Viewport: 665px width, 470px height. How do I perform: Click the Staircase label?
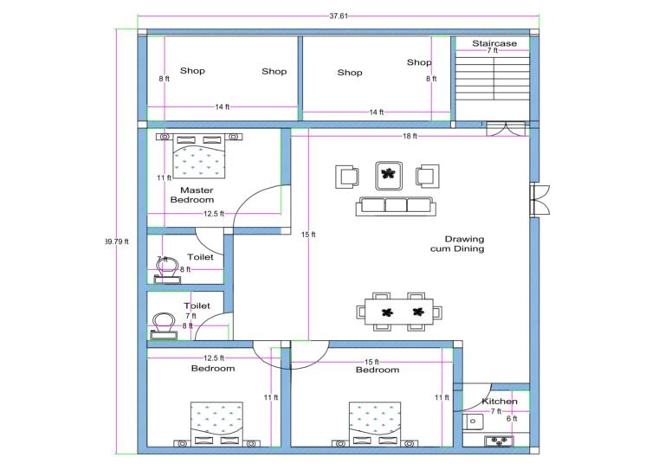[x=494, y=42]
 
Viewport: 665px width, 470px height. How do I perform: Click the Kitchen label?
[x=500, y=401]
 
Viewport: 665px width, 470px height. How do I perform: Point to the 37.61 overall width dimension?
[x=339, y=16]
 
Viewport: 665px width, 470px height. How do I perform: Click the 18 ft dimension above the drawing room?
[x=409, y=136]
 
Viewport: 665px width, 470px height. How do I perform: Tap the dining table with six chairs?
[x=399, y=312]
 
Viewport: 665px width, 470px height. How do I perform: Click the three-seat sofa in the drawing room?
[x=395, y=205]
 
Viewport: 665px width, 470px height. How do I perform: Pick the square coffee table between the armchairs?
[x=387, y=176]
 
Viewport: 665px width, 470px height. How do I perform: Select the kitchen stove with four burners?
[x=500, y=440]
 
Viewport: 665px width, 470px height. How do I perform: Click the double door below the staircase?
[x=505, y=129]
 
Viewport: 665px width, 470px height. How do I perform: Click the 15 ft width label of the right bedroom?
[x=371, y=361]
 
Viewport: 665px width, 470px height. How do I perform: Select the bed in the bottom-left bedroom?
[x=217, y=423]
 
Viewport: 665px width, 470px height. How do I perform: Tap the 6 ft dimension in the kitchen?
[x=511, y=419]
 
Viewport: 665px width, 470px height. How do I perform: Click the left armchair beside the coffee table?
[x=347, y=176]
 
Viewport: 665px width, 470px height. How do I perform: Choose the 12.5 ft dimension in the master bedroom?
[x=214, y=213]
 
